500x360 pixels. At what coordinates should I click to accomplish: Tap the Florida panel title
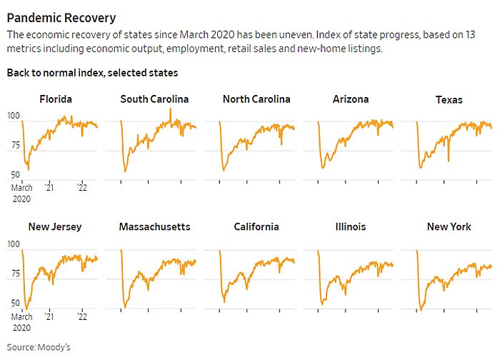tap(56, 99)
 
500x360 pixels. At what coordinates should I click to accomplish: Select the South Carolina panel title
tap(154, 99)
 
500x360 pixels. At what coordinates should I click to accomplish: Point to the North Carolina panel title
tap(256, 99)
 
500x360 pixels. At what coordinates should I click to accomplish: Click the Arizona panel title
tap(351, 99)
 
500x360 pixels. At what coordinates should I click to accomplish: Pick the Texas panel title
tap(449, 100)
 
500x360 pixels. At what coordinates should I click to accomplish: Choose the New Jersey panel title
tap(55, 227)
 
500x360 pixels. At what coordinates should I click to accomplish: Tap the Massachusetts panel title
tap(154, 227)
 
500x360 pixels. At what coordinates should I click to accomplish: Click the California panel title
tap(256, 227)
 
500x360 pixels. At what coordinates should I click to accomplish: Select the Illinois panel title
tap(351, 227)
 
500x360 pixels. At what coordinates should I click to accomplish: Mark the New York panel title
tap(449, 227)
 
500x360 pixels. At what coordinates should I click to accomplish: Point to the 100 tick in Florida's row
tap(13, 116)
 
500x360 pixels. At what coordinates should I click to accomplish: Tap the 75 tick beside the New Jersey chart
tap(14, 274)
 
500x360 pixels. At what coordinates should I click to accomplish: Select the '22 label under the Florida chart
tap(82, 189)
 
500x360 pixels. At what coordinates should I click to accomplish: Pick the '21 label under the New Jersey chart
tap(49, 316)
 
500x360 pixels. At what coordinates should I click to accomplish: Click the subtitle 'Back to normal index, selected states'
tap(92, 73)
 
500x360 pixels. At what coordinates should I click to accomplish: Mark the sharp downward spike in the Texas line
tap(449, 161)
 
